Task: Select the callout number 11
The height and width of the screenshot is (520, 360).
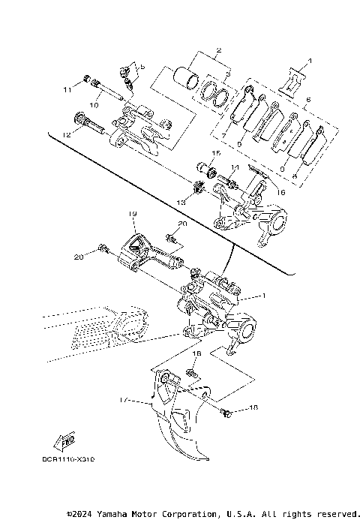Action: (x=67, y=90)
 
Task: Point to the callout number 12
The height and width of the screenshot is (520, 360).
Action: (x=67, y=134)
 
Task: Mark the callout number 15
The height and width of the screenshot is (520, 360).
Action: (x=215, y=153)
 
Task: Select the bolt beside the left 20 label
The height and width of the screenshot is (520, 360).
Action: (x=103, y=248)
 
